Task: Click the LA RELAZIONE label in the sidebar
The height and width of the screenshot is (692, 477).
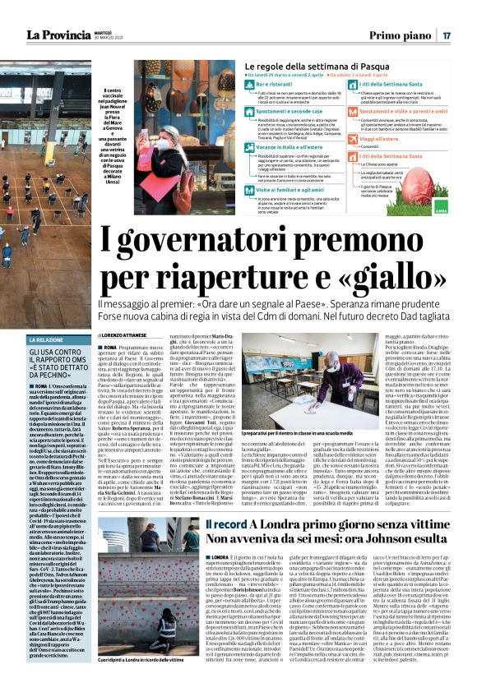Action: coord(40,316)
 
